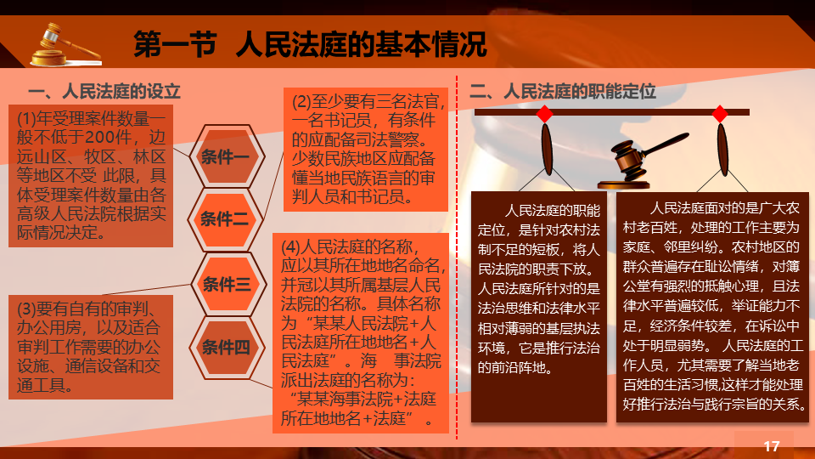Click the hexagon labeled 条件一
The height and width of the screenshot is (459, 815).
click(227, 156)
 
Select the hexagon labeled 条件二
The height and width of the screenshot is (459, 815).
click(226, 219)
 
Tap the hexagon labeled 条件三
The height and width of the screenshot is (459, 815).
click(228, 284)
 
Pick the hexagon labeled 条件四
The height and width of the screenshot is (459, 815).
click(227, 347)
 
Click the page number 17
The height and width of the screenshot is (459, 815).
click(772, 446)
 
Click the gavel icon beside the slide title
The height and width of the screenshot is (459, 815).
click(65, 45)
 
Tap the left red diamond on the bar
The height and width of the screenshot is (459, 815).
click(545, 113)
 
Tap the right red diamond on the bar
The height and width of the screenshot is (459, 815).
click(720, 113)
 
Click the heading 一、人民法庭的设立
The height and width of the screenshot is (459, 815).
click(104, 92)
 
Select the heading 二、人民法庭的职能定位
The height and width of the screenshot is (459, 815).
click(563, 92)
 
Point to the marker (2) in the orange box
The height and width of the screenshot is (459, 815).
click(301, 101)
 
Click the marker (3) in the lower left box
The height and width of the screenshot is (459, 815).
click(26, 309)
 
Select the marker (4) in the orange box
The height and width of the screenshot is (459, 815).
click(290, 246)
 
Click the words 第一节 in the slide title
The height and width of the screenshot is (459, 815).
click(175, 44)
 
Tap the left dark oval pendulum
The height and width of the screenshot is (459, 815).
click(547, 149)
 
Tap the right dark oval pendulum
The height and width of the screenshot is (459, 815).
click(722, 149)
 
